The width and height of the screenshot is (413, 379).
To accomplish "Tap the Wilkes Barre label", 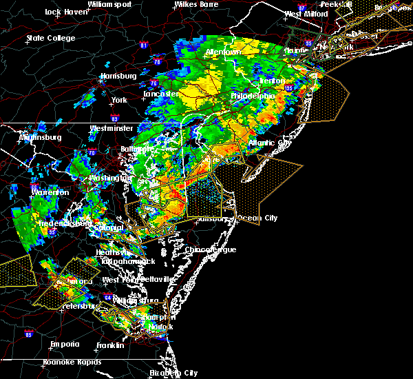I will click(195, 4).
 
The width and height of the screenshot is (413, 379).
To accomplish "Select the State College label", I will click(50, 38).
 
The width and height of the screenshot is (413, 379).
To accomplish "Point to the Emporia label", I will click(65, 344).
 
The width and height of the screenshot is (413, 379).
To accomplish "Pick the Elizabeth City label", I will click(173, 373).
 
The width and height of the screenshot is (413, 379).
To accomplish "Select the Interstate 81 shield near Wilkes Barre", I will click(143, 46).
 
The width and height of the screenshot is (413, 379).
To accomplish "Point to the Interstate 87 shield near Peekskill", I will click(301, 8).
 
